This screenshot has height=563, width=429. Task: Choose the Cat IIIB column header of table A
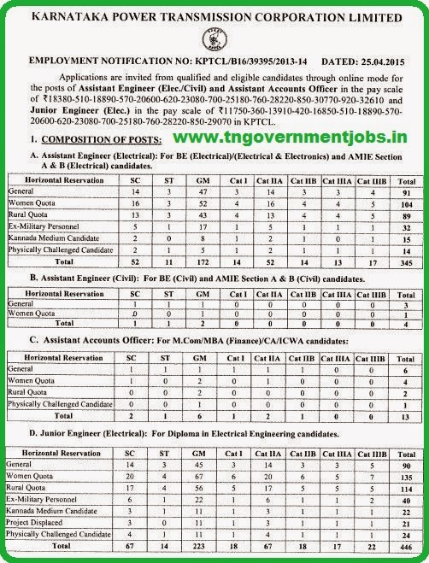pyautogui.click(x=373, y=183)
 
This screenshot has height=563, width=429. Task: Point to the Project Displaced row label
pyautogui.click(x=37, y=522)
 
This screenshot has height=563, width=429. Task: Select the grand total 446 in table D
pyautogui.click(x=408, y=546)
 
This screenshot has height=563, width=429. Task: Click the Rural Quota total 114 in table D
pyautogui.click(x=408, y=486)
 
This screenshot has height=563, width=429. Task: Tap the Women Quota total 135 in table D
pyautogui.click(x=408, y=474)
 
